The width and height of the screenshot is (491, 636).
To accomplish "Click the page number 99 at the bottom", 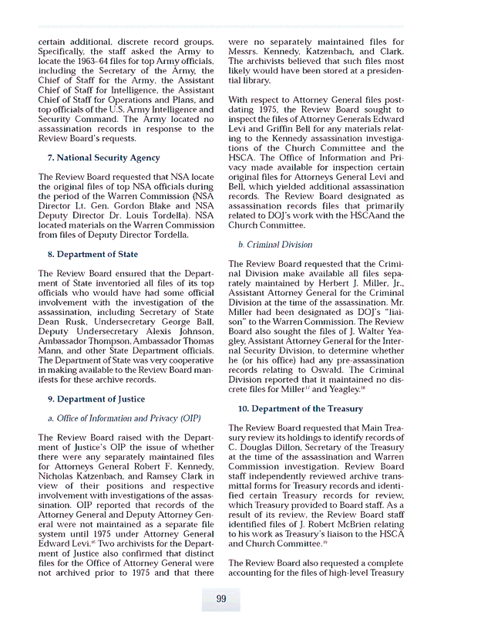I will [x=220, y=600].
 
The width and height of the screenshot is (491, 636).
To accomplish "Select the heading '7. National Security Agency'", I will [x=104, y=157].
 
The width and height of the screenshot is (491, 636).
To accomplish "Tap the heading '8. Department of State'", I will [x=93, y=253].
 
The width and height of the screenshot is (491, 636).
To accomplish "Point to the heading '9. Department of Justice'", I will [x=96, y=399].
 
